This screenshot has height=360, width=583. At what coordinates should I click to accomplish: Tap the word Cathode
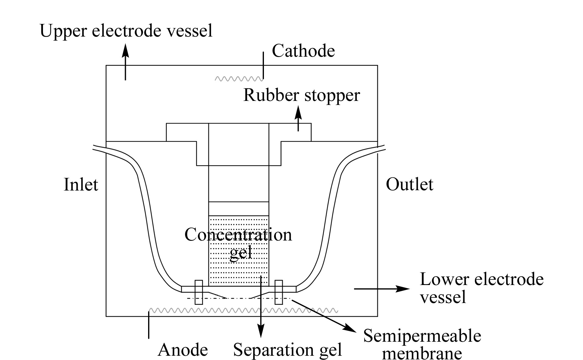point(303,51)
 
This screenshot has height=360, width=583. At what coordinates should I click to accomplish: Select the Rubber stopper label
point(302,95)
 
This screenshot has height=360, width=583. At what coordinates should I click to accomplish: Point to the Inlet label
point(81,184)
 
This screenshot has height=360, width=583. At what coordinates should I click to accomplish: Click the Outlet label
point(410,184)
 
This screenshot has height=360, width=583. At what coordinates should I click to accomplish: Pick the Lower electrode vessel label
point(482,288)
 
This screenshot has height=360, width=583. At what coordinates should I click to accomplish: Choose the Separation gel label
point(287,350)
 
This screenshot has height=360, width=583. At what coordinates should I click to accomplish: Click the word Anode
point(183,350)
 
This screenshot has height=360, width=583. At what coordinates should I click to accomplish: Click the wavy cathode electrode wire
point(239,79)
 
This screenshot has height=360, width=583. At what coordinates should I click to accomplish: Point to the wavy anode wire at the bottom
point(243,311)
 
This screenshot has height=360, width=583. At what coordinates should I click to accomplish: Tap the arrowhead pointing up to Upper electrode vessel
point(125,50)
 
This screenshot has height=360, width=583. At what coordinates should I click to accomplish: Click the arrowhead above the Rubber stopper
point(298,113)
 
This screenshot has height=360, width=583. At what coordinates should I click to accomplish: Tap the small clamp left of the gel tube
point(199,292)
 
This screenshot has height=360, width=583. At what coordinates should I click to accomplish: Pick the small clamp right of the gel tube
point(279,292)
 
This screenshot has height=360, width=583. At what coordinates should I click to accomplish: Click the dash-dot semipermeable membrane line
point(239,298)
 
